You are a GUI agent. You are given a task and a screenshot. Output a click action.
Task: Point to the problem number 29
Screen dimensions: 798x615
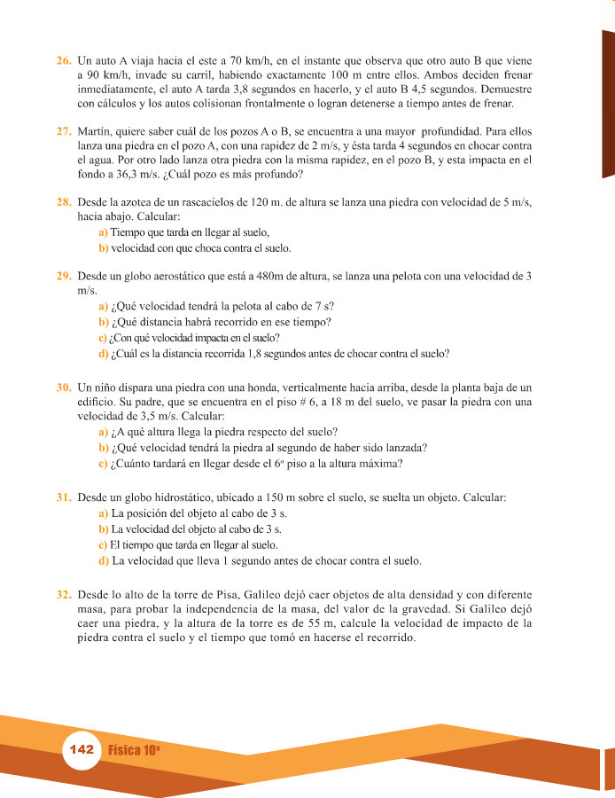(x=63, y=276)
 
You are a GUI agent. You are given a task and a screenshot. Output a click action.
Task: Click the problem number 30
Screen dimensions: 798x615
(x=63, y=387)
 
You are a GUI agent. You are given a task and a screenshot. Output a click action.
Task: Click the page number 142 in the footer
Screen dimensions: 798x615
(x=81, y=750)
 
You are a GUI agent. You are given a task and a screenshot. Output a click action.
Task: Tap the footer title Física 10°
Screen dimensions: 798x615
(x=134, y=750)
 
